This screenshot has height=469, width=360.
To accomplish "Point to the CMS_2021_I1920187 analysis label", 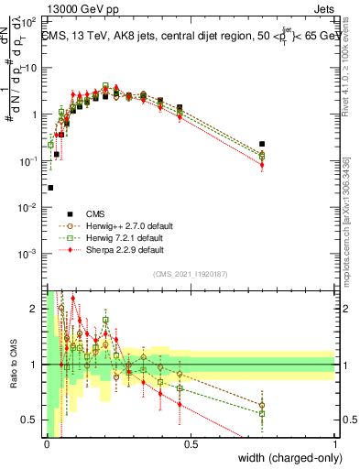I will pos(190,274).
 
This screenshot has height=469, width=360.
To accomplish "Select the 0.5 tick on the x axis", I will pos(191,444).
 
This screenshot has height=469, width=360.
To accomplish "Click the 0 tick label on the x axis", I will pos(47,444).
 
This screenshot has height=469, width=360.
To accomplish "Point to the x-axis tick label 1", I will pos(335,444).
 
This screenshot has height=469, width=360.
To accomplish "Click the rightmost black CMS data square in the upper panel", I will pos(262,144).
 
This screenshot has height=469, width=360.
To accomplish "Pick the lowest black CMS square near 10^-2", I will pos(50,188).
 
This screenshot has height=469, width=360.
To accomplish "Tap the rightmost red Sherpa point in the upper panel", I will pos(262,165).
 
